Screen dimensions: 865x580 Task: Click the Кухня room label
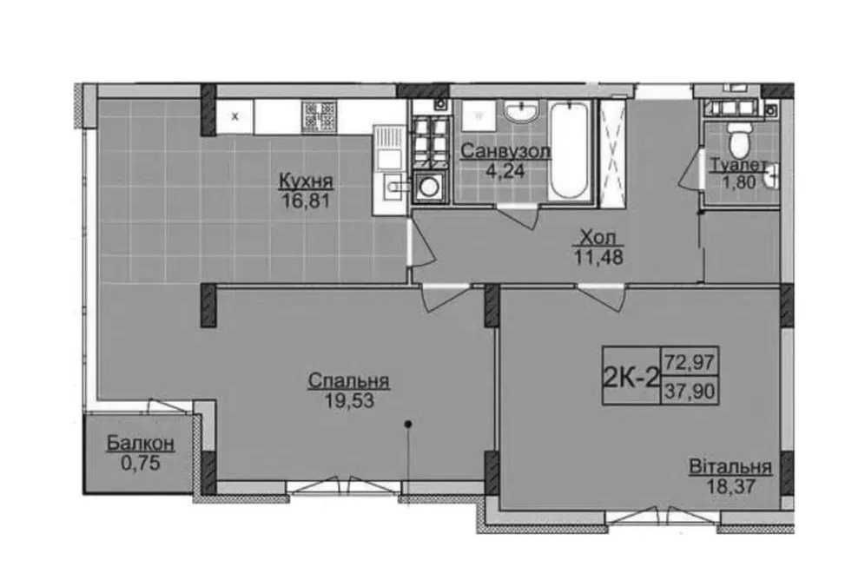click(307, 181)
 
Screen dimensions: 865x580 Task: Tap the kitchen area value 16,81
click(306, 201)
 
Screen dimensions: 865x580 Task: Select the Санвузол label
click(505, 151)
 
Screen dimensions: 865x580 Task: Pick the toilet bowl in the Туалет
click(738, 141)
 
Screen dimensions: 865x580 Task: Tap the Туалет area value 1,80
click(740, 181)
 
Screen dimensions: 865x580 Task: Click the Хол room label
click(598, 238)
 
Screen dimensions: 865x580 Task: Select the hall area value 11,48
click(599, 257)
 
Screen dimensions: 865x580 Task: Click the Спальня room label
click(348, 380)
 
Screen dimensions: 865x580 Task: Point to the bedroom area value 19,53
click(349, 401)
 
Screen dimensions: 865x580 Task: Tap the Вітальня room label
click(730, 466)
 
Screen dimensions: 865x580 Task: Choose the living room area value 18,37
click(730, 486)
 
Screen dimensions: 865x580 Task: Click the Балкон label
click(141, 443)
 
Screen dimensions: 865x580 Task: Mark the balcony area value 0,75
click(141, 463)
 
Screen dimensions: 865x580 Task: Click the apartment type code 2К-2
click(631, 379)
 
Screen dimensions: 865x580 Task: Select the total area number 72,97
click(690, 363)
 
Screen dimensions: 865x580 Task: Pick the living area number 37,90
click(690, 392)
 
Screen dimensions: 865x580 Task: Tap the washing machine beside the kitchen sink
click(429, 187)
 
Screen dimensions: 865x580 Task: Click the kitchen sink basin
click(393, 187)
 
